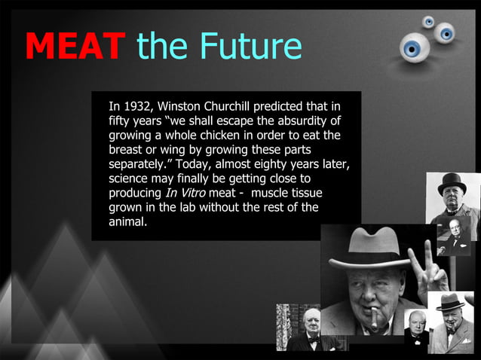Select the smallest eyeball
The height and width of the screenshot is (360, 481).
[x=428, y=21]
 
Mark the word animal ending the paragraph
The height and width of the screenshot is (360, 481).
[x=127, y=222]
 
